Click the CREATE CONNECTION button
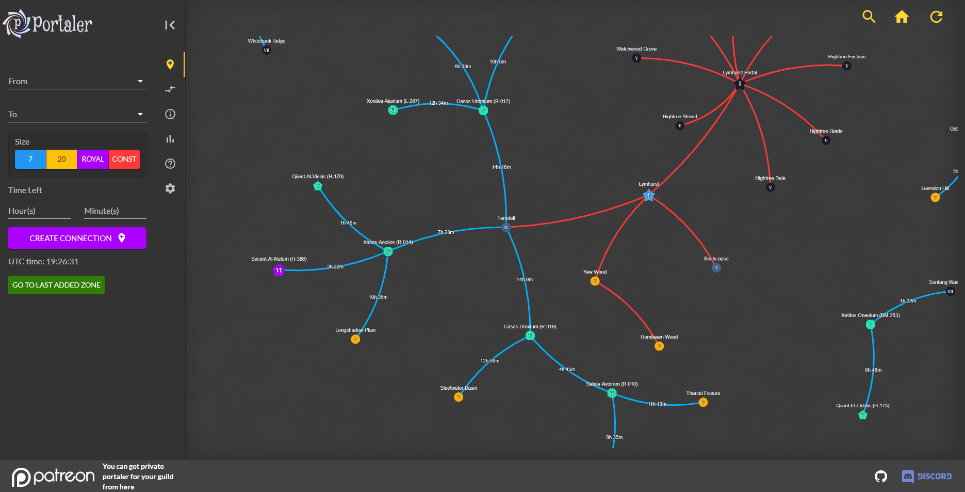(77, 238)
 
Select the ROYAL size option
(93, 159)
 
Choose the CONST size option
(124, 159)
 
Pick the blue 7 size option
(30, 159)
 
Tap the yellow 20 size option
(61, 159)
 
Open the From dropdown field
(77, 82)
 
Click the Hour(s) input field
(39, 211)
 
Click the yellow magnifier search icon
(869, 17)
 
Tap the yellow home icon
(902, 17)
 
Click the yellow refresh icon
(936, 17)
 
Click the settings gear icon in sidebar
(170, 188)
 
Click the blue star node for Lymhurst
(649, 196)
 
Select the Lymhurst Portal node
(740, 84)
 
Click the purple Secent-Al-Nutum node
(279, 270)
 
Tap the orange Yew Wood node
(595, 281)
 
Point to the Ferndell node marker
(506, 228)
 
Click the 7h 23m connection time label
(446, 232)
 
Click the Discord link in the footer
(927, 476)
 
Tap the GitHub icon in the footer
(881, 476)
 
